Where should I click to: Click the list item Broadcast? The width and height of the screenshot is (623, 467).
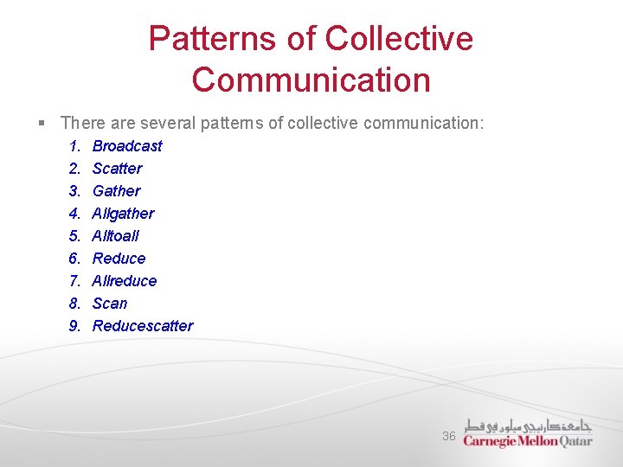coord(126,146)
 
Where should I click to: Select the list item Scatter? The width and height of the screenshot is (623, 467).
coord(117,169)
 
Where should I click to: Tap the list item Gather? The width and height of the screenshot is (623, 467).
coord(116,191)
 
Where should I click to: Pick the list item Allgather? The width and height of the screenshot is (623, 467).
coord(123,214)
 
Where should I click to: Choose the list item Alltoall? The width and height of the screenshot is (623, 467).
coord(115,236)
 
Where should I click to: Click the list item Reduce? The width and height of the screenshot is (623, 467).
coord(119,259)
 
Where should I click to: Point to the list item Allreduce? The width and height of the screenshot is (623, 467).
coord(125,281)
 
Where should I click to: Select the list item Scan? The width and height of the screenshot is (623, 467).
coord(109,304)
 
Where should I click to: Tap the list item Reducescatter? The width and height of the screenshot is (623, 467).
coord(143,326)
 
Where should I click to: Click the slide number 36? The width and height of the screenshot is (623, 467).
coord(448,436)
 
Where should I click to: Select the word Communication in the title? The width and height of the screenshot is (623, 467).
coord(311,80)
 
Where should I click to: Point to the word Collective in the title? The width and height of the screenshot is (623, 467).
coord(399,39)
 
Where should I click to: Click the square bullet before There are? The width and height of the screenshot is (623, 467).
coord(42,124)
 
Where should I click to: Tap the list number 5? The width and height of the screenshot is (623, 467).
coord(74,236)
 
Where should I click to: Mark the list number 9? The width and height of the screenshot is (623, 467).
coord(74,326)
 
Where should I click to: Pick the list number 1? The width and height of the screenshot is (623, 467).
coord(74,146)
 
